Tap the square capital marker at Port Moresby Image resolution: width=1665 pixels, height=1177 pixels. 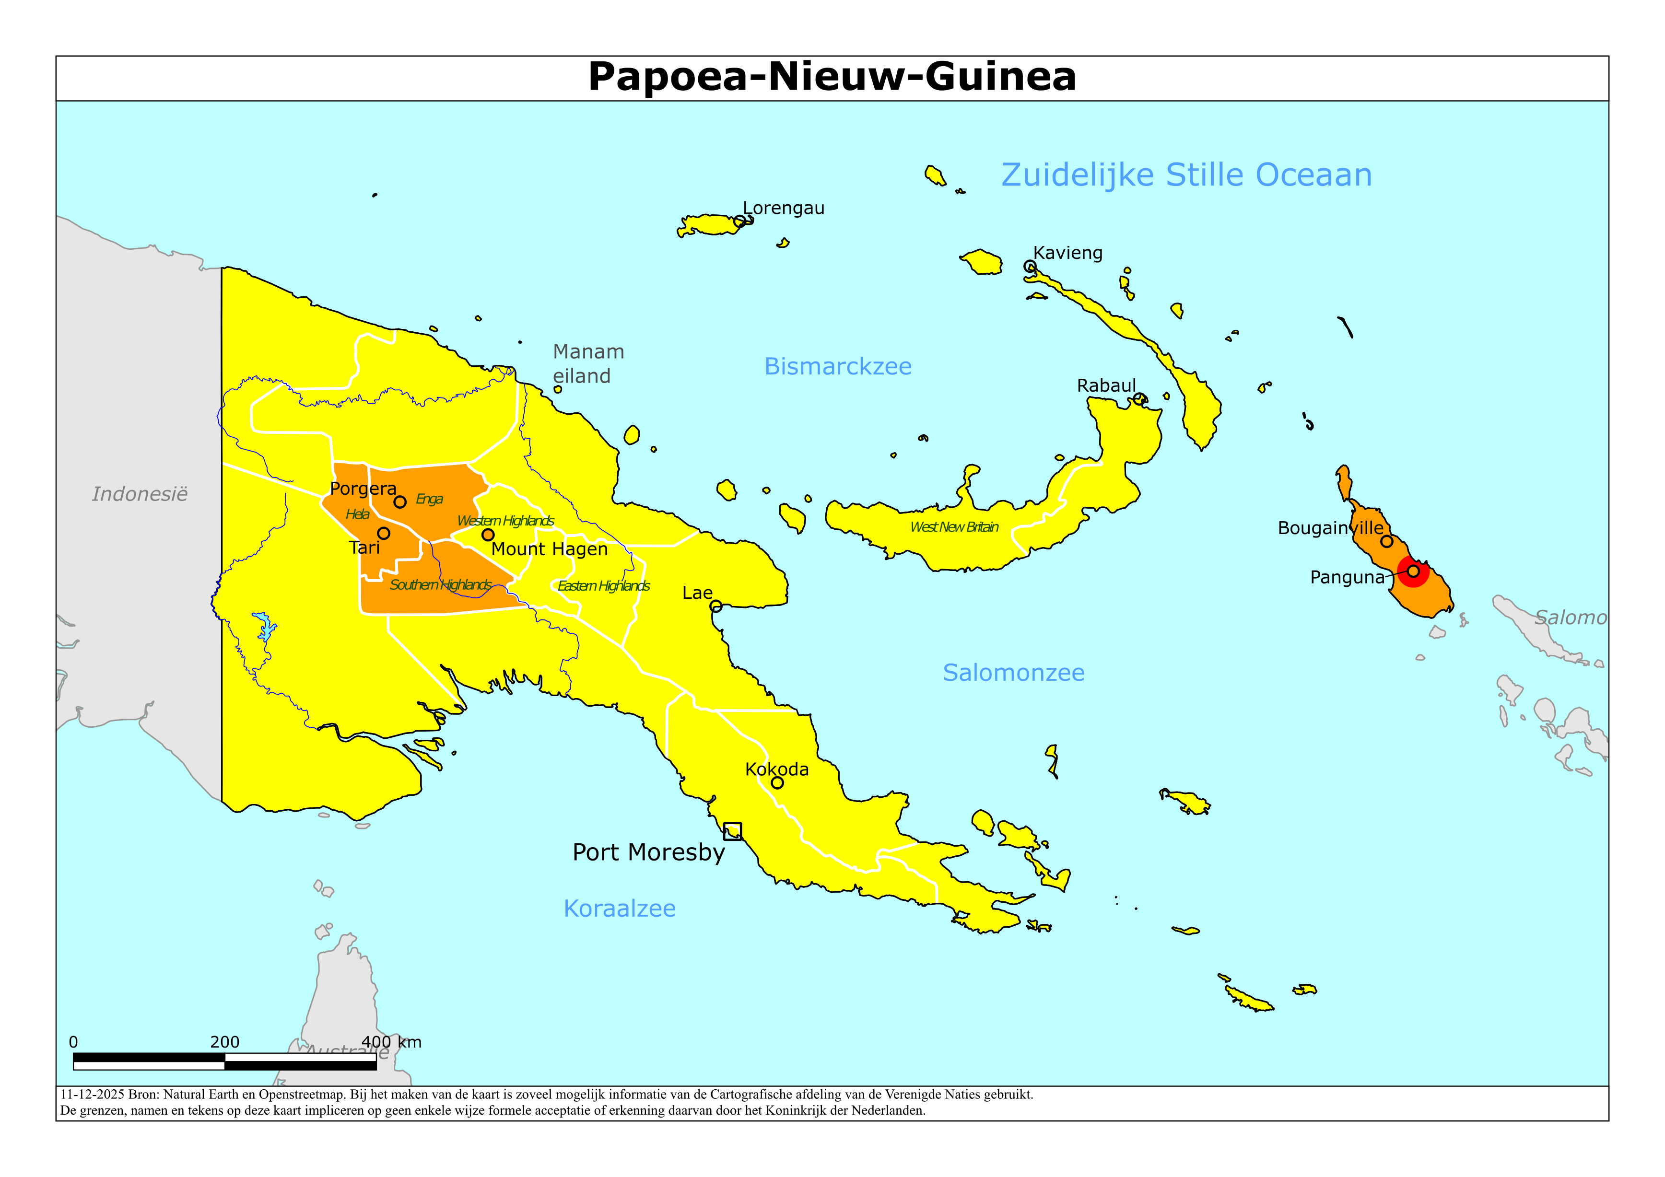[x=732, y=831]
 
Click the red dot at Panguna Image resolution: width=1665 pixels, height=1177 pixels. [x=1413, y=571]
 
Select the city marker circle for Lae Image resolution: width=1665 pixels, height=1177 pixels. [x=716, y=606]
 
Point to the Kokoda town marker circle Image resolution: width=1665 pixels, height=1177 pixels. [x=777, y=782]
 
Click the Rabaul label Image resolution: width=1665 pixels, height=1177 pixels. [x=1106, y=386]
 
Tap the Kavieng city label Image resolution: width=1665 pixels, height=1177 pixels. [x=1067, y=253]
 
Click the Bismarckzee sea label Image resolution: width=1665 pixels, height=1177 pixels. [x=838, y=366]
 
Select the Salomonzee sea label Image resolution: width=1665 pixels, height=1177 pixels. [x=1013, y=673]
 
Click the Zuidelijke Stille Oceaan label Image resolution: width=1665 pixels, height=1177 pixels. [x=1186, y=175]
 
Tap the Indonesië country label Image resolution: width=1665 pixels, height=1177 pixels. [x=140, y=495]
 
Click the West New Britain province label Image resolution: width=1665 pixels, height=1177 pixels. [x=954, y=527]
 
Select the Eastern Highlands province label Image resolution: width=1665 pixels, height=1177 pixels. [x=603, y=586]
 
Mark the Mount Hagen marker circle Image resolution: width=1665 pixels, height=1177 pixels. [x=488, y=535]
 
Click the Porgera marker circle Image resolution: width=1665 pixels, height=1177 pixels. [x=399, y=502]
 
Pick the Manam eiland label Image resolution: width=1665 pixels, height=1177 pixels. [x=587, y=363]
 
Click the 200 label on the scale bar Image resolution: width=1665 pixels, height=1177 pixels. [x=225, y=1042]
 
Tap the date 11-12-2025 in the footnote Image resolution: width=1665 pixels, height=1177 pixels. [x=92, y=1095]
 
